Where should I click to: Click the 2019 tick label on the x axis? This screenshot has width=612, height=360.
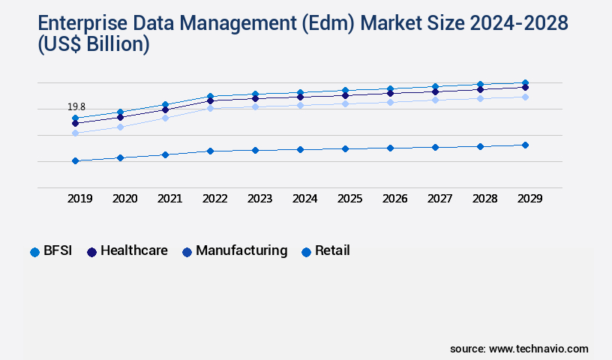79,199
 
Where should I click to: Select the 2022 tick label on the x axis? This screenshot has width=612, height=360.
214,199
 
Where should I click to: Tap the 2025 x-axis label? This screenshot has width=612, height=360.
349,199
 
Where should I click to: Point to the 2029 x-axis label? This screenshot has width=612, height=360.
529,199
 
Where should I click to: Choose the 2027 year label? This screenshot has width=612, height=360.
439,199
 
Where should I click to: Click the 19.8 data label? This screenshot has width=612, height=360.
76,107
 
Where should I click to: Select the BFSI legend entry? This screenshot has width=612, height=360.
51,251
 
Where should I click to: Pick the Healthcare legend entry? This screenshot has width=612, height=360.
127,251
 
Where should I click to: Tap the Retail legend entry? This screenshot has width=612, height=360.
326,251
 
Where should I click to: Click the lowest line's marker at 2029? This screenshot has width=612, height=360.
525,145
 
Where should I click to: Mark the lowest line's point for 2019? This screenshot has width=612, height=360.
75,160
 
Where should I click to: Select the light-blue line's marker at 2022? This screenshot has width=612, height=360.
210,108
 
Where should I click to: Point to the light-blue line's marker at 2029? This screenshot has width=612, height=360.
525,97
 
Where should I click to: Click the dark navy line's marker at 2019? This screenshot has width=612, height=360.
75,123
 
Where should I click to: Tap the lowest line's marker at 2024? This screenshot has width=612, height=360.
300,149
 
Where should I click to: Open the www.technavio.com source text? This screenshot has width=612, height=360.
538,349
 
